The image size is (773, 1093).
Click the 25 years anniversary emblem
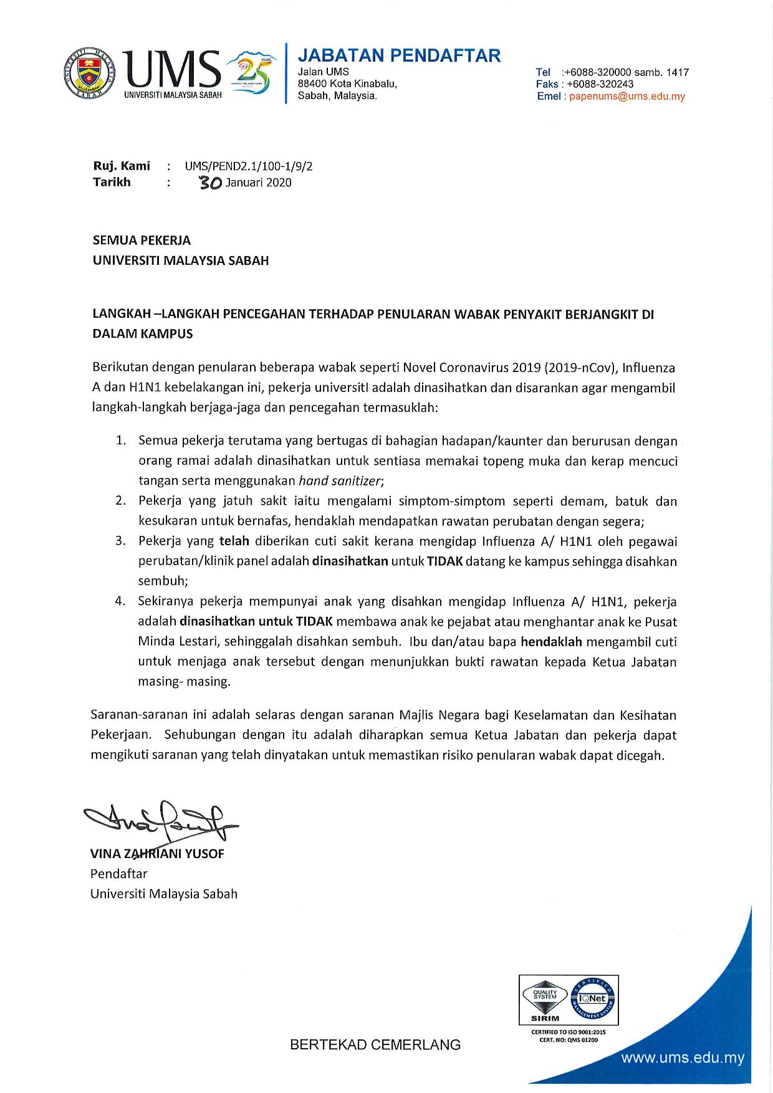[249, 73]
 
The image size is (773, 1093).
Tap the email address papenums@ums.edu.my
[627, 97]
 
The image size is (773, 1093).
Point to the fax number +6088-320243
[600, 84]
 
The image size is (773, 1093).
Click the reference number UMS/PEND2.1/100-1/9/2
[248, 166]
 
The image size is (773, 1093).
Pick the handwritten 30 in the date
[209, 183]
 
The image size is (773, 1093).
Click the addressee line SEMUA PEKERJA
[142, 241]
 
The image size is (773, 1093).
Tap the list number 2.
[121, 501]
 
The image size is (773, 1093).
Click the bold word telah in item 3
[234, 541]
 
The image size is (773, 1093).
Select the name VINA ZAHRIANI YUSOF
[157, 854]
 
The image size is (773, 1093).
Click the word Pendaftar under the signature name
[118, 874]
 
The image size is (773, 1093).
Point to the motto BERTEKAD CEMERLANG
[375, 1045]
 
